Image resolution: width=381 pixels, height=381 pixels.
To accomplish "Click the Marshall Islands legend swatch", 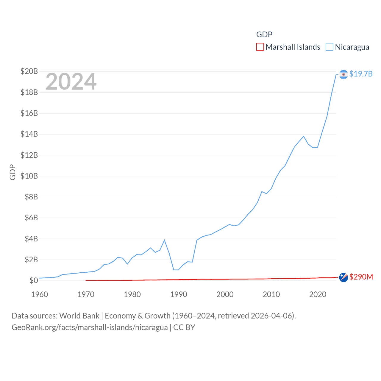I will coord(260,47).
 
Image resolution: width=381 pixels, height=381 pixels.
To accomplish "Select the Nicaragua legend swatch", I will coord(329,47).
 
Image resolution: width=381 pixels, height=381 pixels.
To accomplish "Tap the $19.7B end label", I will coord(361,74).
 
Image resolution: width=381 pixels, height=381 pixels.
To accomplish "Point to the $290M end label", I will coord(361,277).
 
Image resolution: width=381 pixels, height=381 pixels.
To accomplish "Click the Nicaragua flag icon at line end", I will coord(343,74).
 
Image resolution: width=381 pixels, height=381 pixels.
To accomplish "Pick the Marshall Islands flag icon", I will coord(343,277).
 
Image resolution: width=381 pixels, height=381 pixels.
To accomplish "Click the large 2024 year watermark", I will coord(71,82).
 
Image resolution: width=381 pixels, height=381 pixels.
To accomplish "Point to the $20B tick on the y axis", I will coord(29,71).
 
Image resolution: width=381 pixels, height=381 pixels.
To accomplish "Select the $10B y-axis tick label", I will coord(29,176).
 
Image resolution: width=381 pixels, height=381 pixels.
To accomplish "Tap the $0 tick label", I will coord(34,280).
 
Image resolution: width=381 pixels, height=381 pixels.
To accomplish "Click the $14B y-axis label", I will coord(29,134).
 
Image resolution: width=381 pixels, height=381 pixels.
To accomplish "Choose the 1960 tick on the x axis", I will coord(40,294).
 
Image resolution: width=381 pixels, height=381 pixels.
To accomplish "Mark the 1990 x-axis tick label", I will coord(179,294).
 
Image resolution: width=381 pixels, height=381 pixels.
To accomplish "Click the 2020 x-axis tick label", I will coord(318,294).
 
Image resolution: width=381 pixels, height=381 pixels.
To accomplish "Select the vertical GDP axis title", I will coord(13,172).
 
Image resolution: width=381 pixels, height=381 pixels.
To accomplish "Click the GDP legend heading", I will coord(264,35).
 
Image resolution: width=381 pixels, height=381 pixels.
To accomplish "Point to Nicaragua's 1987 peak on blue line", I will coord(164,240).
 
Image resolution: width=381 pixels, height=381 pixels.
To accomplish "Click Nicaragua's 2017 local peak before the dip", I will coord(304,136).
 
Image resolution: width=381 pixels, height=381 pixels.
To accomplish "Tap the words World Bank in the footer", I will coord(79,316).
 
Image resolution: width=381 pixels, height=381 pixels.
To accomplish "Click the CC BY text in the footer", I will coord(184,327).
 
